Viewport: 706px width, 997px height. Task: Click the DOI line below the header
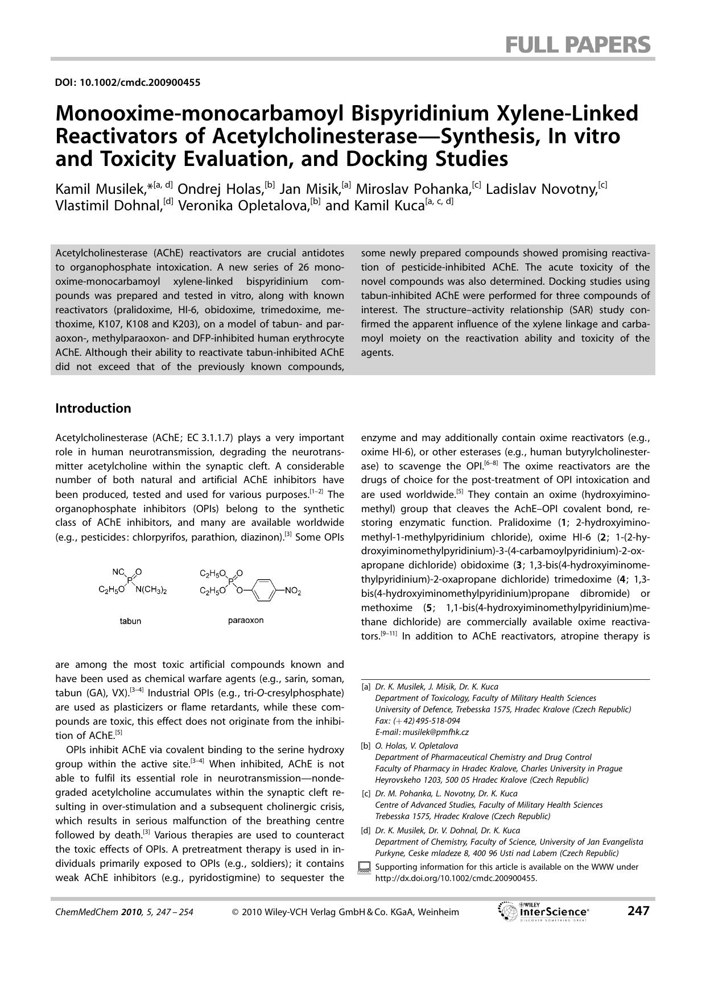tap(127, 82)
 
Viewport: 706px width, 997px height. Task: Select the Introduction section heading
tap(93, 408)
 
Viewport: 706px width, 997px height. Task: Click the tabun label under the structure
tap(130, 621)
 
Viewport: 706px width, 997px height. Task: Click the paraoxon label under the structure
tap(246, 620)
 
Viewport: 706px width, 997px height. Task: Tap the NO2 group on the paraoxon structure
tap(292, 592)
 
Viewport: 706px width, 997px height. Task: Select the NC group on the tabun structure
tap(118, 572)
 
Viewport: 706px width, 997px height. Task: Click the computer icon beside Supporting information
tap(364, 868)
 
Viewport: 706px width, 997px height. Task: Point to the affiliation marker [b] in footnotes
tap(366, 746)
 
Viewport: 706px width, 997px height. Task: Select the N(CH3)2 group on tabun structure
tap(151, 591)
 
